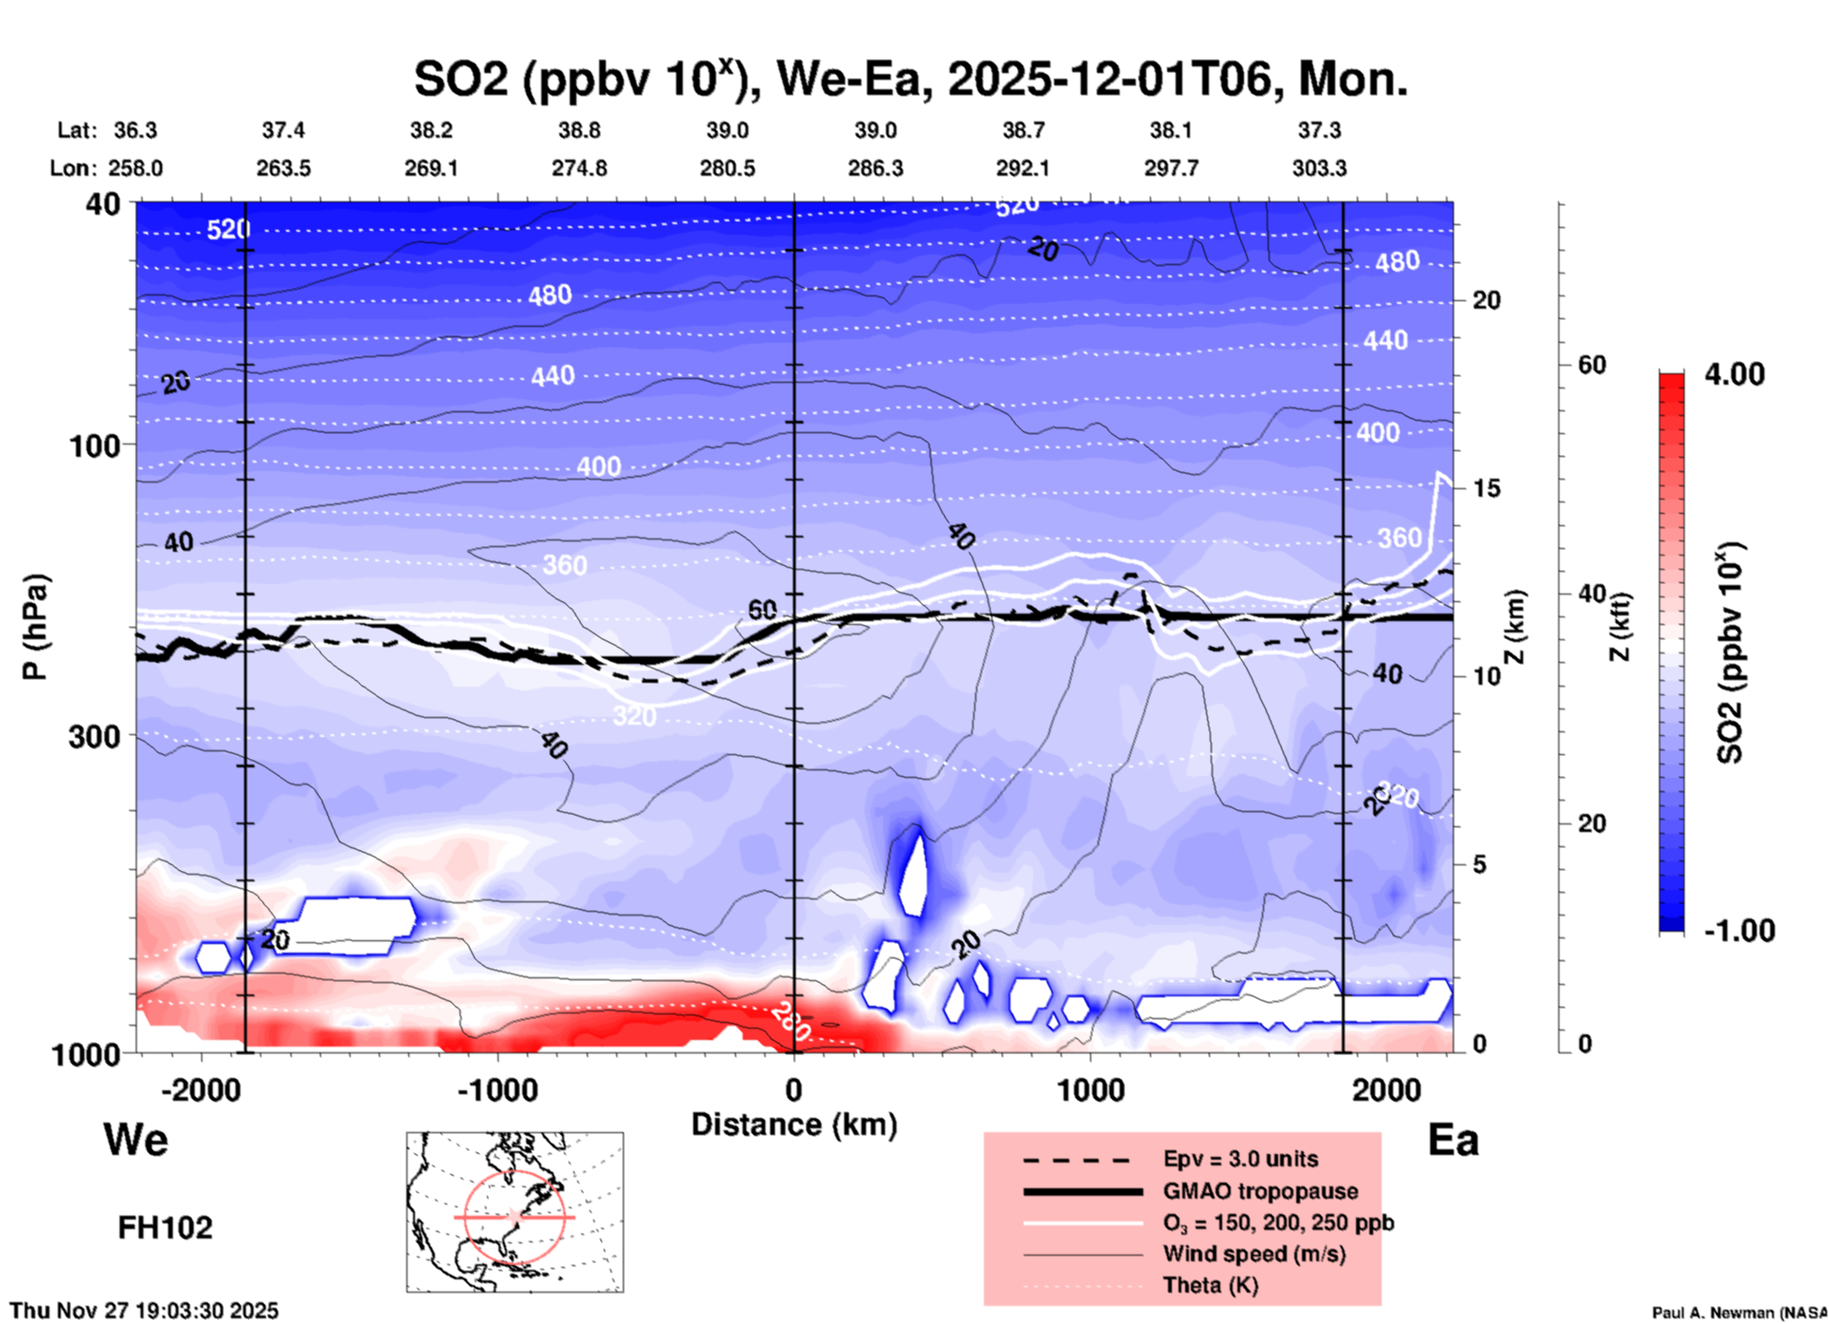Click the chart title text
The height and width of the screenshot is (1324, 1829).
pyautogui.click(x=910, y=80)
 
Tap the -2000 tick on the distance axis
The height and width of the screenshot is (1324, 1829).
pyautogui.click(x=200, y=1089)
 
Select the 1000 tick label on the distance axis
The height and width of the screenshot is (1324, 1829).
pyautogui.click(x=1090, y=1089)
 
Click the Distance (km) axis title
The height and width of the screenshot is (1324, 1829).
pyautogui.click(x=794, y=1125)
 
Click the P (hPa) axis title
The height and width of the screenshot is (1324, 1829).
pyautogui.click(x=35, y=627)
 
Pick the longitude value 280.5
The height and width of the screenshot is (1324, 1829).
pyautogui.click(x=727, y=168)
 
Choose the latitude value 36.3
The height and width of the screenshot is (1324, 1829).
pyautogui.click(x=135, y=130)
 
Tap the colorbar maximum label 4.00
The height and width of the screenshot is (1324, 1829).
pyautogui.click(x=1734, y=374)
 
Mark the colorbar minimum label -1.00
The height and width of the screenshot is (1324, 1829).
pyautogui.click(x=1739, y=931)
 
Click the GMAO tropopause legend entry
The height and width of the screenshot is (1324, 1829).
pyautogui.click(x=1260, y=1191)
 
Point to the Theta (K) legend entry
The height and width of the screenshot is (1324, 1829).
pyautogui.click(x=1211, y=1285)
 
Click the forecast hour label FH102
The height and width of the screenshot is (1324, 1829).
pyautogui.click(x=165, y=1228)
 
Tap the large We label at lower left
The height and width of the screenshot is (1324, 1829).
pyautogui.click(x=136, y=1139)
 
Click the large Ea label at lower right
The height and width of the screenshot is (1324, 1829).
pyautogui.click(x=1453, y=1140)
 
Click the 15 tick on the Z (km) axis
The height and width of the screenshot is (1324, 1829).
pyautogui.click(x=1486, y=488)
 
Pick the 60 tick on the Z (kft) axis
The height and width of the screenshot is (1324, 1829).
pyautogui.click(x=1592, y=365)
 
